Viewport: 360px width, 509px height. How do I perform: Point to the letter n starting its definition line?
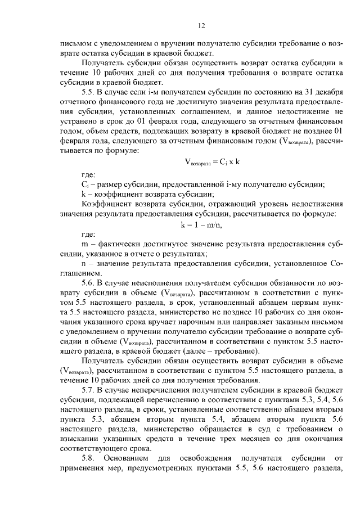pyautogui.click(x=84, y=263)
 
